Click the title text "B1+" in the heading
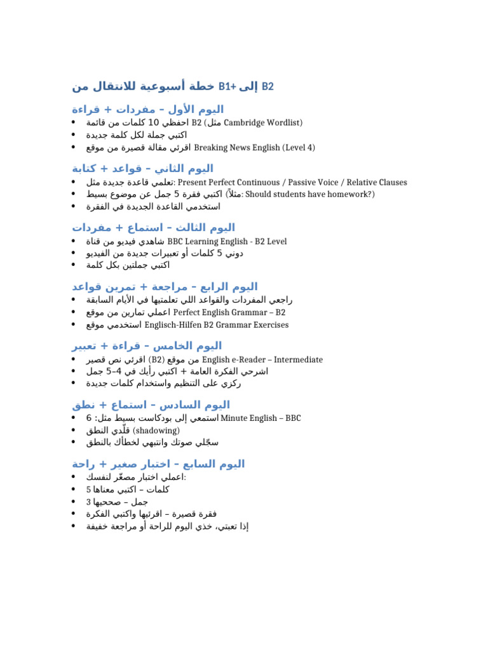(226, 86)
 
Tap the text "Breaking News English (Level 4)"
(254, 147)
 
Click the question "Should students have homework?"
(309, 194)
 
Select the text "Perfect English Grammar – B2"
(229, 312)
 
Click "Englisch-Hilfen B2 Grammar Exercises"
(216, 325)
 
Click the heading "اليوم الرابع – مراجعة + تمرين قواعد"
(165, 286)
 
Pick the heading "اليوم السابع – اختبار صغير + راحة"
(158, 464)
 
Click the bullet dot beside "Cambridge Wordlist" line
(75, 123)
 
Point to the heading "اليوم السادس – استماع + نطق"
(151, 404)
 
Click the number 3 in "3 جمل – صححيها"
(88, 501)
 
